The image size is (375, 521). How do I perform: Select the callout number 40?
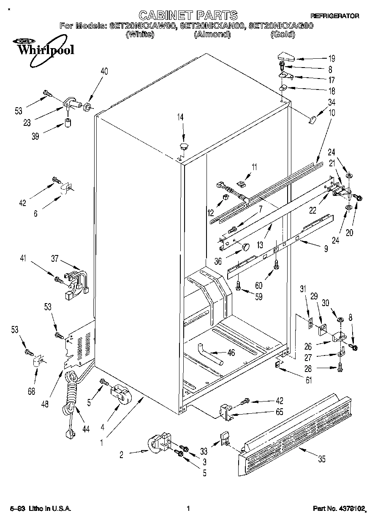104,71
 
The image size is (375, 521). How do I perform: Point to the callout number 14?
181,118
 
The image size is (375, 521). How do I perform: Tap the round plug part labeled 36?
246,246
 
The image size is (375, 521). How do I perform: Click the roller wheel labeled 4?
120,395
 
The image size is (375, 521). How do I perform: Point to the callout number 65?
279,412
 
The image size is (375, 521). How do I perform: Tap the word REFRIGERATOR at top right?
335,16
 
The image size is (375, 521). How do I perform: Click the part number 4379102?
350,509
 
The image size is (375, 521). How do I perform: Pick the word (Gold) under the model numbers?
282,34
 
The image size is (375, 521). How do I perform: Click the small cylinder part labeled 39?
67,124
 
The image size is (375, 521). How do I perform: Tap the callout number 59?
258,297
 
